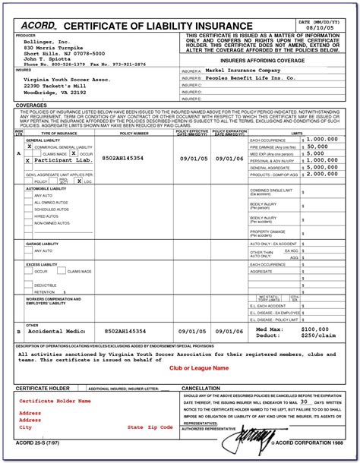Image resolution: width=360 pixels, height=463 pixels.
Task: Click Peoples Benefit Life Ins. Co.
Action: pyautogui.click(x=251, y=78)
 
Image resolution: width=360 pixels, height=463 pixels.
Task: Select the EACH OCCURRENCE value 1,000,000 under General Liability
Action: pyautogui.click(x=323, y=140)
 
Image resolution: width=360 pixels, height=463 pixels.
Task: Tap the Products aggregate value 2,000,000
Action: pyautogui.click(x=323, y=173)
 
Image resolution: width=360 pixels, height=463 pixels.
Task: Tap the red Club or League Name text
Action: pyautogui.click(x=198, y=368)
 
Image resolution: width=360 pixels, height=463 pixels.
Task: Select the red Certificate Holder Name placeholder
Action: pyautogui.click(x=55, y=400)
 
